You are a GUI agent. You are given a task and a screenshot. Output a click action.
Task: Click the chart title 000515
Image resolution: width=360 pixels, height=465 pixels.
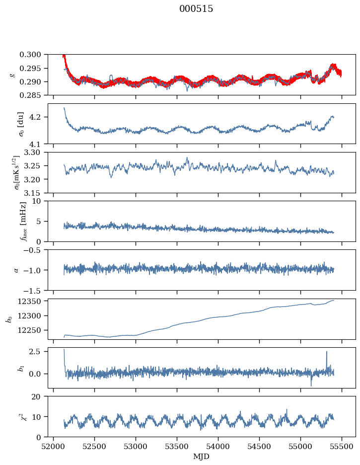click(x=196, y=9)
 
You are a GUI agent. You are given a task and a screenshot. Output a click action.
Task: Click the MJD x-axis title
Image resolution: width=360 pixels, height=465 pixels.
click(x=201, y=457)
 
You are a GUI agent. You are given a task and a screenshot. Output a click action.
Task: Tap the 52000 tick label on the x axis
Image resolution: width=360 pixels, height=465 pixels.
click(x=54, y=446)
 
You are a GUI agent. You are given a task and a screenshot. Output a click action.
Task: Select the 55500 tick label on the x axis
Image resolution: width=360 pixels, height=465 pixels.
click(x=342, y=446)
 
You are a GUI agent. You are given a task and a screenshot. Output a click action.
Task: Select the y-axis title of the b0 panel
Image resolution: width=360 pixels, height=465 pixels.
click(x=9, y=319)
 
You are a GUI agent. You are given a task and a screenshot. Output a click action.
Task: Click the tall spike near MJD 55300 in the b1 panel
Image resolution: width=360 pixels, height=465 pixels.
click(x=327, y=352)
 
